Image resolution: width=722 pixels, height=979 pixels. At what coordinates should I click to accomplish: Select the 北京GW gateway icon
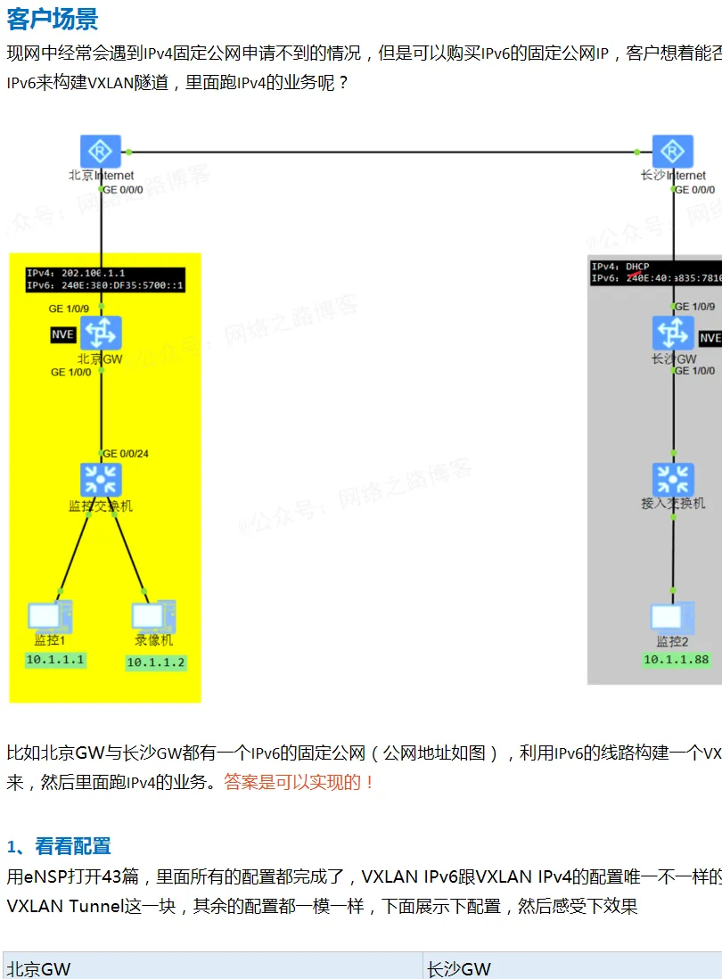101,333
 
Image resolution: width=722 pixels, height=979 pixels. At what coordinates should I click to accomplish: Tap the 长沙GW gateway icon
673,333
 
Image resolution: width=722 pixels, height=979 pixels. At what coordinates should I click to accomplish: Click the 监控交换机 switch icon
101,480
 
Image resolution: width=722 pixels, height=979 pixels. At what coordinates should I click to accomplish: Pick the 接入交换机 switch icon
673,480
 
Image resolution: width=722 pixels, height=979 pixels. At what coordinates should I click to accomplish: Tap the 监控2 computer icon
672,618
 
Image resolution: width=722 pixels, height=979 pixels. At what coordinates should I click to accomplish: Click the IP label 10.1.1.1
55,660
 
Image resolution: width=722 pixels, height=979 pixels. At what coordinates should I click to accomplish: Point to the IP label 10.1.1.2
156,662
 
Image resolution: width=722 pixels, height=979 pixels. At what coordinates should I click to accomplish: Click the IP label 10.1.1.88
677,660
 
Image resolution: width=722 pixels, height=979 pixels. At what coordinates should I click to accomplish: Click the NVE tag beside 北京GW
62,335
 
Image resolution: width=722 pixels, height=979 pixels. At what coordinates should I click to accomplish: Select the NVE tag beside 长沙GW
710,338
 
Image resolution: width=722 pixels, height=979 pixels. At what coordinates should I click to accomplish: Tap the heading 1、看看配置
59,846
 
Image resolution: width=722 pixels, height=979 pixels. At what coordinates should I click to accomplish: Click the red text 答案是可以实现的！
299,782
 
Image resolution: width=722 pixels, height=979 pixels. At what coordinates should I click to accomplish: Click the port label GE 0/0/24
126,454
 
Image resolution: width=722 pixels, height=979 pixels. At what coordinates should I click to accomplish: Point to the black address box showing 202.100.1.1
105,279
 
